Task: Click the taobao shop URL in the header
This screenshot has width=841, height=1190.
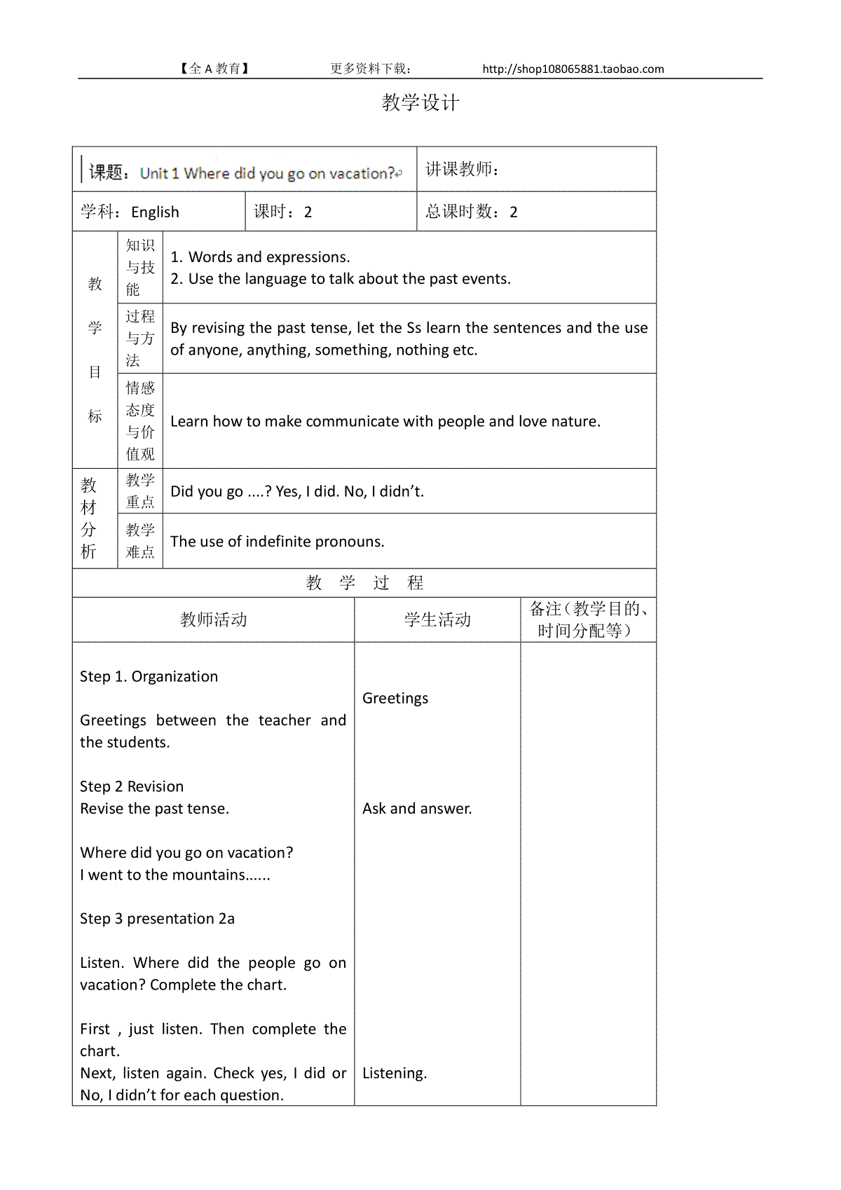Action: coord(573,69)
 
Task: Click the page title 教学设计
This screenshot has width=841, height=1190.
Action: coord(420,103)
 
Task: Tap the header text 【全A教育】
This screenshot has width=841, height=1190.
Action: coord(214,69)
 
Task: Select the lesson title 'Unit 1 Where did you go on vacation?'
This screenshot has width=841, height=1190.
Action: coord(268,173)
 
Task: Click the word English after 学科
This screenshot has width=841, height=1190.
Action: coord(155,212)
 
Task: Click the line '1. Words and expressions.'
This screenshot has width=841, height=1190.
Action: coord(260,257)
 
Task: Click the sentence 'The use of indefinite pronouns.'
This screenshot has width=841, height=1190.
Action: coord(277,542)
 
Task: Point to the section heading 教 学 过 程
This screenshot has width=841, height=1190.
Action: coord(364,583)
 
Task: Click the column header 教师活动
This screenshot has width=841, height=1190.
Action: coord(213,620)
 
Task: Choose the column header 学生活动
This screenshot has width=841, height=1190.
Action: coord(437,620)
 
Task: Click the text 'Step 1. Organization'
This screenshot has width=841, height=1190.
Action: coord(149,676)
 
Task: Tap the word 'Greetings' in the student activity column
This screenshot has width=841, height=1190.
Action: coord(395,698)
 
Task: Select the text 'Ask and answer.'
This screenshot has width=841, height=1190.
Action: coord(417,809)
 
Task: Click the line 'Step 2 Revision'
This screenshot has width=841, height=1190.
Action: coord(132,786)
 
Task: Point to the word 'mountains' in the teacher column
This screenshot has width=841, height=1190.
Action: coord(212,875)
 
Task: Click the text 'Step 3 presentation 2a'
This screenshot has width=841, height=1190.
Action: coord(157,919)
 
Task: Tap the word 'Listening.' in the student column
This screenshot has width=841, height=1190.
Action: coord(395,1073)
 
